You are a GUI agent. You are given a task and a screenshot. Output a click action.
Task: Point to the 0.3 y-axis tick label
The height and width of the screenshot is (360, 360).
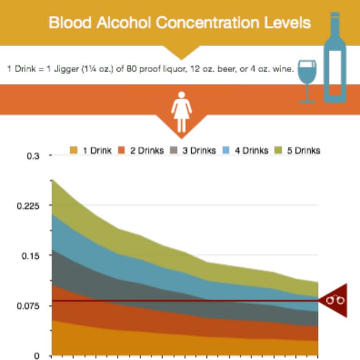[x=33, y=156]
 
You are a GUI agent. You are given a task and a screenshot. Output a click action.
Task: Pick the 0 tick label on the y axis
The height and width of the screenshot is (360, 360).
[x=37, y=355]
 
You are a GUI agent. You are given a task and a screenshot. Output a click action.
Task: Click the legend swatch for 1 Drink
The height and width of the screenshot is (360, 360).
[x=74, y=150]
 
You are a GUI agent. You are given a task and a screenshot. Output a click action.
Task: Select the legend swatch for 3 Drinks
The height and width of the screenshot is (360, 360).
[x=175, y=150]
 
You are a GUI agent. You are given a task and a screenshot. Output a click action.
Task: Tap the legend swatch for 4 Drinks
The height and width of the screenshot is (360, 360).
[x=227, y=150]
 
